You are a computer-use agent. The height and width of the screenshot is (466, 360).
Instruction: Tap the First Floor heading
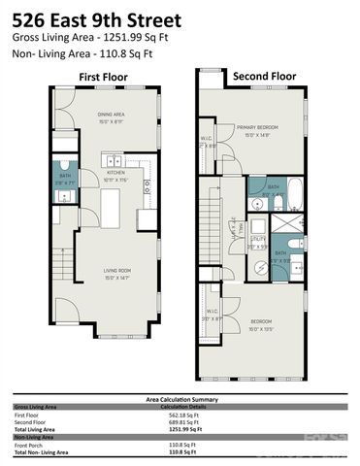(x=103, y=77)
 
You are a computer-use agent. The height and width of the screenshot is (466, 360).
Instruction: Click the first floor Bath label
(x=65, y=177)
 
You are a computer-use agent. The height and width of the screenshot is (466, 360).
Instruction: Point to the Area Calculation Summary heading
(x=179, y=398)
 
